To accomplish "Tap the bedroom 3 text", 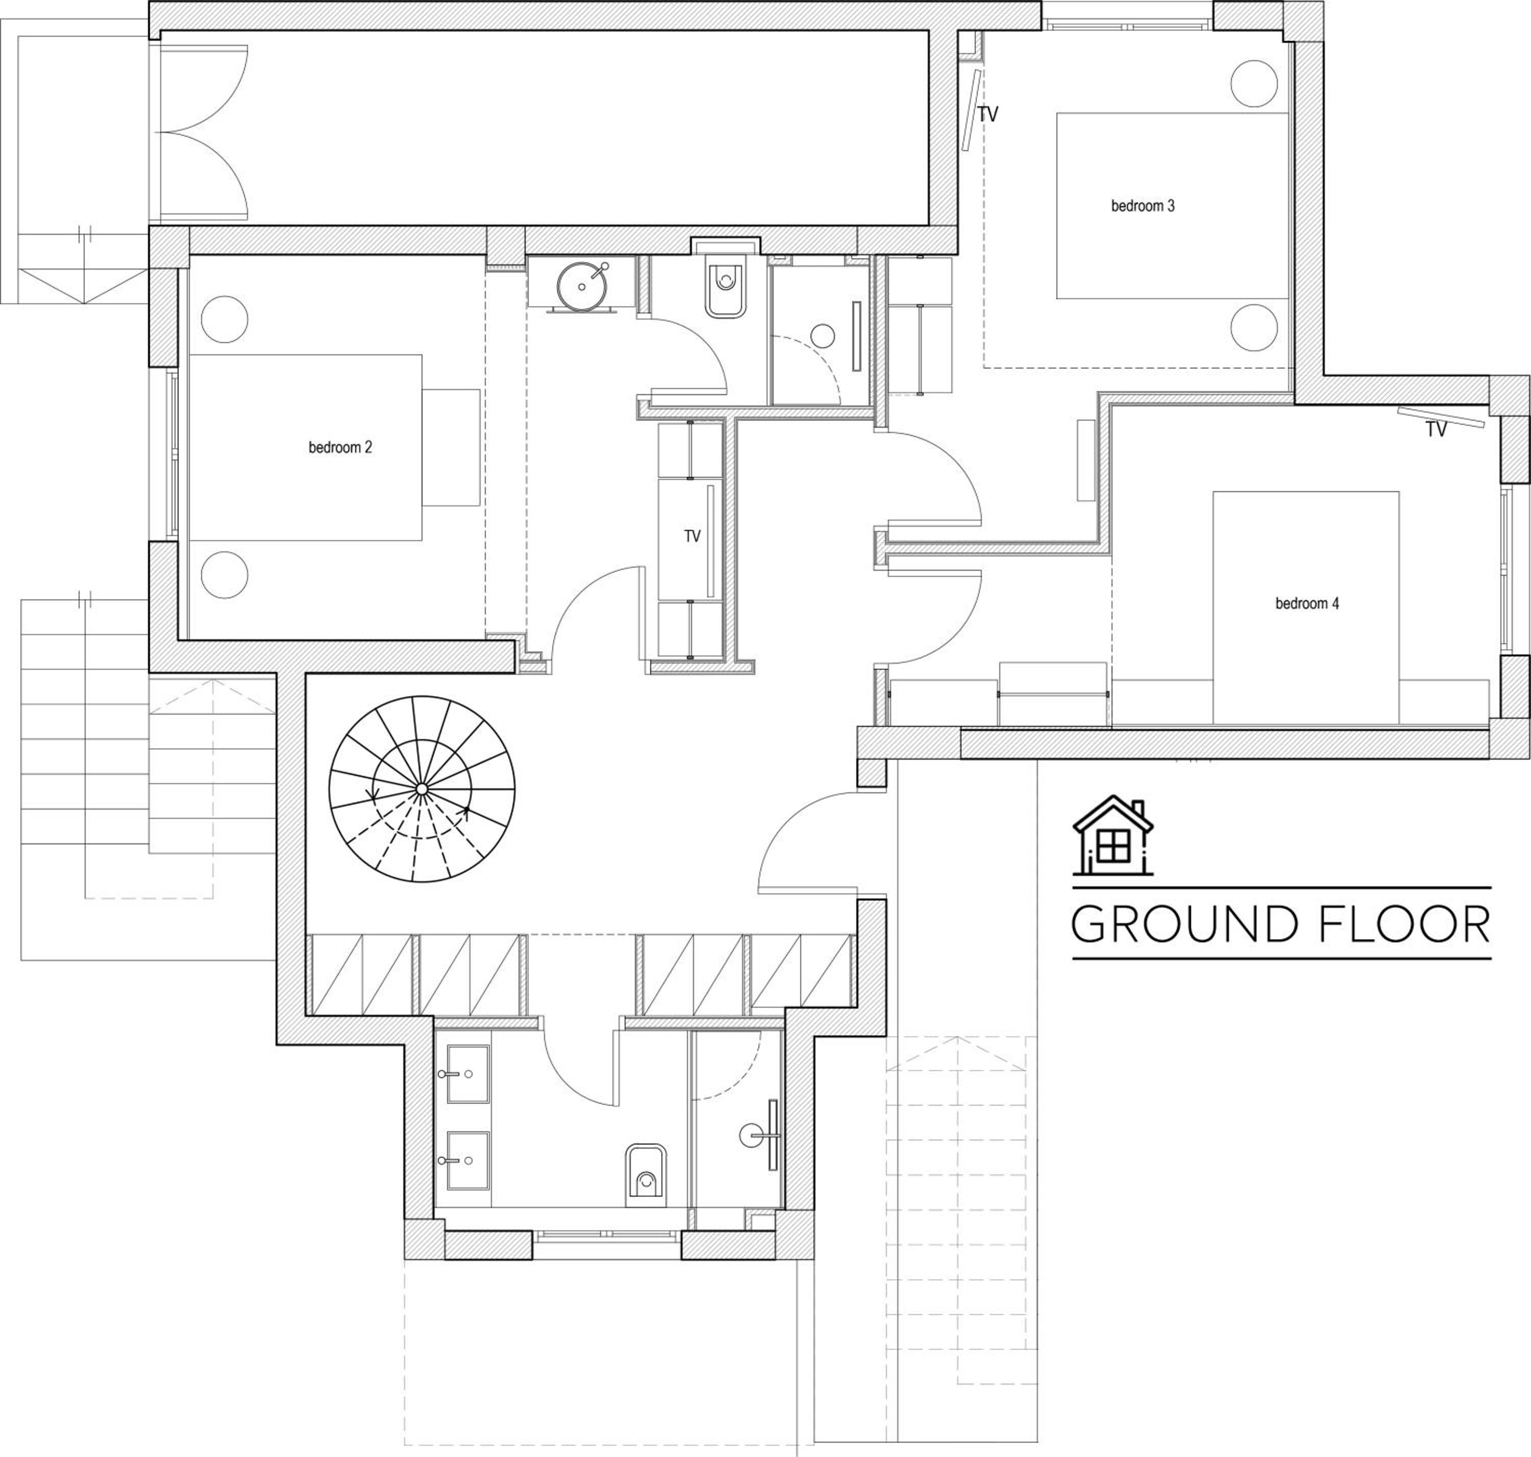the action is [x=1142, y=206].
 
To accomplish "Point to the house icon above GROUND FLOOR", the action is [x=1113, y=835].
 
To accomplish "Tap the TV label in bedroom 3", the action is [x=987, y=115].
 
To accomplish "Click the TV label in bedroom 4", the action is [x=1436, y=429].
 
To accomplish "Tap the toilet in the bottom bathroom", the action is [x=646, y=1175].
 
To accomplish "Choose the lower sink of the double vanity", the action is [x=467, y=1160].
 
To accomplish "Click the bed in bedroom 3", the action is [x=1172, y=206].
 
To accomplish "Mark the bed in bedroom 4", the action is [x=1306, y=608].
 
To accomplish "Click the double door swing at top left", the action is [x=204, y=130].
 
